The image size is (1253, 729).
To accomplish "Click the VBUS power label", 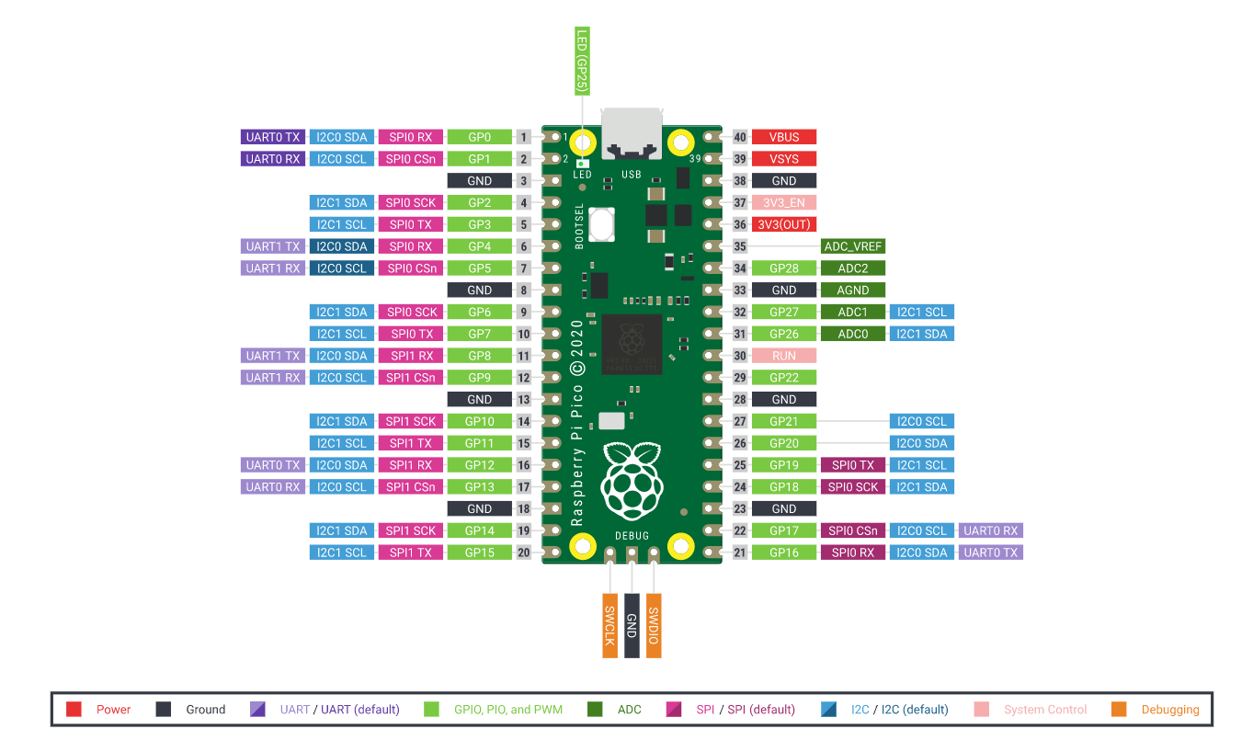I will (x=784, y=137).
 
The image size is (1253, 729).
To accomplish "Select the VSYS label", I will (x=784, y=159).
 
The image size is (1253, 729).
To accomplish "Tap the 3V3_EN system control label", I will (x=784, y=202).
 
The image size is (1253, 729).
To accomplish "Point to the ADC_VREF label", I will (x=852, y=246).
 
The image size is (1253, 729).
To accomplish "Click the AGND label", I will (x=852, y=290).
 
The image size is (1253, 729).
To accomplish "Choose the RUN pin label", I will (x=784, y=356).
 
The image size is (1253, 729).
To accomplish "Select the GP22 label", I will (x=784, y=378).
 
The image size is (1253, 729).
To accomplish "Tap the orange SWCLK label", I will (x=609, y=624).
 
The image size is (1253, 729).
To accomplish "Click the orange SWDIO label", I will (x=654, y=624).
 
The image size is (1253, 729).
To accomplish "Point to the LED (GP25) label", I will (x=582, y=62).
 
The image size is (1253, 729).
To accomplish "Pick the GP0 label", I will (x=479, y=137).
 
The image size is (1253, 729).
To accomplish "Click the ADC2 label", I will (x=852, y=268).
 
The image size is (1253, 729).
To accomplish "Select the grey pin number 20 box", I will (x=524, y=552).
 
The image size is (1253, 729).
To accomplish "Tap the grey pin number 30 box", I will (x=740, y=356).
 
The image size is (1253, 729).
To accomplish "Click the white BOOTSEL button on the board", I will (x=603, y=223).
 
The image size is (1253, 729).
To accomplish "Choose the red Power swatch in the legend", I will (x=74, y=709).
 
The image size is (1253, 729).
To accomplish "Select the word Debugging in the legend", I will (x=1170, y=710).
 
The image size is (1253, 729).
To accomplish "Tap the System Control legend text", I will (x=1045, y=710).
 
